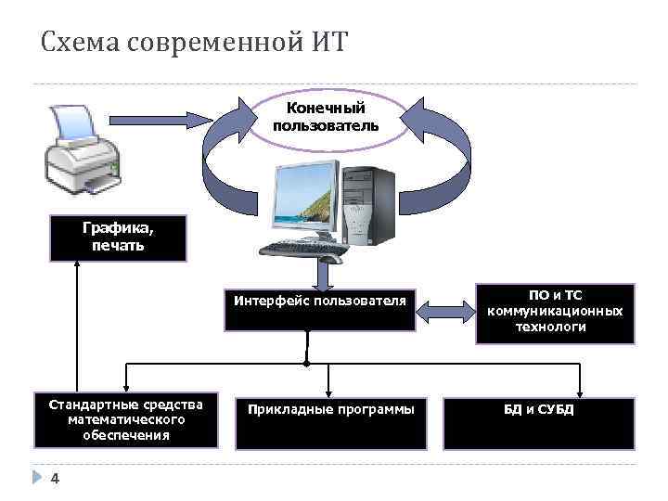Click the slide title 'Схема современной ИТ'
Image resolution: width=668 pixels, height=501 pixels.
tap(192, 43)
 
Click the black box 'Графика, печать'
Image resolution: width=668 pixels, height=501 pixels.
tap(119, 238)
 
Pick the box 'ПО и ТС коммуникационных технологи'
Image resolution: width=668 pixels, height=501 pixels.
tap(556, 313)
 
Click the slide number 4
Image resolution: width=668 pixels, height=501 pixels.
tap(55, 478)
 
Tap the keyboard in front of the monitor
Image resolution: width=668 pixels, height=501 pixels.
tap(303, 249)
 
